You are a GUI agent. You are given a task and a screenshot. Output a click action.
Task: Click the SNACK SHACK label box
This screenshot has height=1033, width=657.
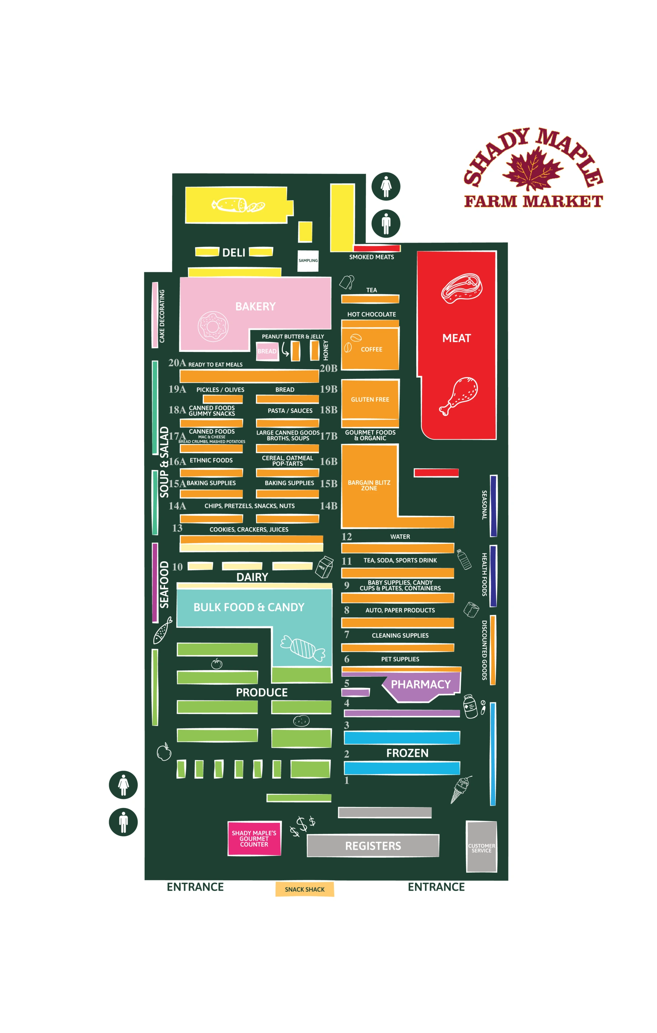(x=304, y=889)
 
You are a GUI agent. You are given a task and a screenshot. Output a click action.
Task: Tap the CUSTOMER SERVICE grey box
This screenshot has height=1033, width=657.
(x=482, y=846)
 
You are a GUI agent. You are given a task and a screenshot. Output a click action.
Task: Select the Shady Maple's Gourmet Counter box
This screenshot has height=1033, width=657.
(x=254, y=838)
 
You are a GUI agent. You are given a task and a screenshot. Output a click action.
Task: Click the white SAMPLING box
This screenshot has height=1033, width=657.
(x=308, y=261)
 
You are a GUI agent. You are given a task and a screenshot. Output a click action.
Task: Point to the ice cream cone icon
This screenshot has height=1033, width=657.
(x=460, y=789)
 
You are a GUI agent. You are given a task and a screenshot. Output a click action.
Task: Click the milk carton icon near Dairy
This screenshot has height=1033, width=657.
(x=324, y=567)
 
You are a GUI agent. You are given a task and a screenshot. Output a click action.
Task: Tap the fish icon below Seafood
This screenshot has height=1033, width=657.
(x=163, y=630)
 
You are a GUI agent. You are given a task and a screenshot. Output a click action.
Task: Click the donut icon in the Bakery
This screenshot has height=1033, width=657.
(x=213, y=326)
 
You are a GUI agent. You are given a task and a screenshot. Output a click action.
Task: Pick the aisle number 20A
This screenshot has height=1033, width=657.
(x=177, y=363)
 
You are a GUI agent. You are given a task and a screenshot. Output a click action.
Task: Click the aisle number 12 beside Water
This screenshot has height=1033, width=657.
(x=347, y=537)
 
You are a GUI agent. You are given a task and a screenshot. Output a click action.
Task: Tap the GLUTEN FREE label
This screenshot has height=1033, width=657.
(x=370, y=399)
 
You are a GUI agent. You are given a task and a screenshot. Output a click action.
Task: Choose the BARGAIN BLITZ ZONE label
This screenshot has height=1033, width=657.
(x=369, y=485)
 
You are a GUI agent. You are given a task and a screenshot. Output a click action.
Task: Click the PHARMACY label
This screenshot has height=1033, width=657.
(x=421, y=684)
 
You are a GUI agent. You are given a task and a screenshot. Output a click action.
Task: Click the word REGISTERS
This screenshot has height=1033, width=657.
(x=373, y=846)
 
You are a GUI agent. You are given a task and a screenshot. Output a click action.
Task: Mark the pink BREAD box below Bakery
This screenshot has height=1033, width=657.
(x=267, y=351)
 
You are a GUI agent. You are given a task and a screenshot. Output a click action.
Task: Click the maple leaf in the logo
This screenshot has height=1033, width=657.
(x=532, y=168)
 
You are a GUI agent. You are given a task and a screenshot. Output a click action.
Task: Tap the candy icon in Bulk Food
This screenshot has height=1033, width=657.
(x=302, y=648)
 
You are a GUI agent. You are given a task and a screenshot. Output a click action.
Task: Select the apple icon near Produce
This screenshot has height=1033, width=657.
(x=164, y=751)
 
